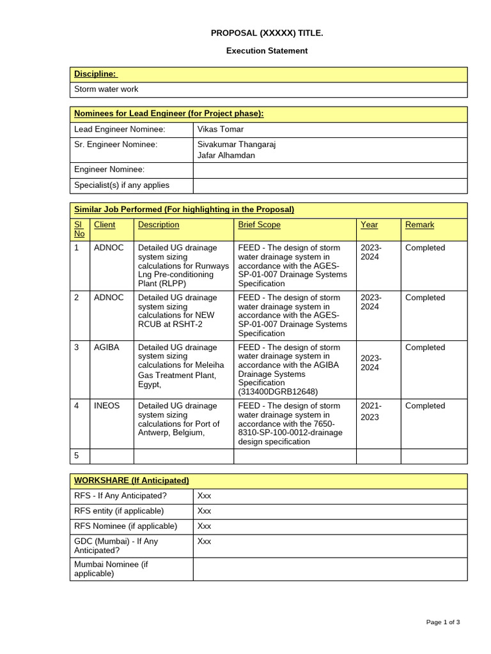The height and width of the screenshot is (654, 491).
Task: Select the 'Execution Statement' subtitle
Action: point(267,50)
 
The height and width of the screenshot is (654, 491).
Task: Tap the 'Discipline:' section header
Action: point(95,75)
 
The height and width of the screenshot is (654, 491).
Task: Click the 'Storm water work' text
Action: point(106,89)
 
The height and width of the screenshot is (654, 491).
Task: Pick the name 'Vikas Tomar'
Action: point(221,130)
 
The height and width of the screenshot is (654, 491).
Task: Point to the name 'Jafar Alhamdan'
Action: point(225,155)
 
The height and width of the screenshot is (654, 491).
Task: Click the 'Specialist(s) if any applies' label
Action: point(122,185)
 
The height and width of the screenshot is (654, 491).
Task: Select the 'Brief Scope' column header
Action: point(259,225)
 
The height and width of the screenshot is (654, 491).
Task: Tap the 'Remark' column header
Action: point(419,225)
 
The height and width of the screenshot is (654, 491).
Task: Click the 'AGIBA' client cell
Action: point(106,347)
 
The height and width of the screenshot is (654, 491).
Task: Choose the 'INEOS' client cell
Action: point(107,406)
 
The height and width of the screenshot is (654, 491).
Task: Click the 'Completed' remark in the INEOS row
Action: point(425,406)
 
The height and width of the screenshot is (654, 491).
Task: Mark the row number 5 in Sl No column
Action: point(77,456)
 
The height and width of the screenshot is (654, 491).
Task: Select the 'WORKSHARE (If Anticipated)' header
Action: point(132,480)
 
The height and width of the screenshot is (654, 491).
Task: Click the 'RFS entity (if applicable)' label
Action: point(119,511)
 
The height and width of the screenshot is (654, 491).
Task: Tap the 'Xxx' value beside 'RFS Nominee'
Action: point(204,526)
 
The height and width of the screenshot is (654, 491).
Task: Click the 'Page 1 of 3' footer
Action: point(443,622)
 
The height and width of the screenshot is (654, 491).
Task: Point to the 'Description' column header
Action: point(159,225)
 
